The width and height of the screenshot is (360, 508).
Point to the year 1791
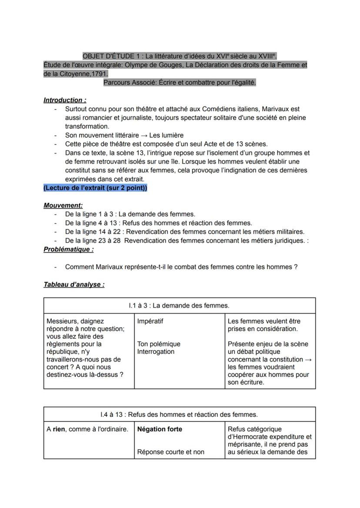(x=99, y=74)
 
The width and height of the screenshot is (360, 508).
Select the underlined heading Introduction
(x=64, y=100)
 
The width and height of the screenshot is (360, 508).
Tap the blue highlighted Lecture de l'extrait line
(x=95, y=188)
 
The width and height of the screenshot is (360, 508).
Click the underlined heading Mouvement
(x=63, y=205)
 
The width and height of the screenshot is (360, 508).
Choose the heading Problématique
(x=68, y=249)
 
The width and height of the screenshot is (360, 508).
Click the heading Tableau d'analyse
(x=74, y=285)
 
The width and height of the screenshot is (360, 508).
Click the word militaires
(x=289, y=232)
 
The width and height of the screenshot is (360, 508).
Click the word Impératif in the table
(x=150, y=321)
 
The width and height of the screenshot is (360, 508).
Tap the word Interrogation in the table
(x=156, y=352)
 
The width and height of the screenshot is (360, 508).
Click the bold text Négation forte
(x=160, y=429)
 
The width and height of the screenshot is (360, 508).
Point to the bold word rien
(x=59, y=429)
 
